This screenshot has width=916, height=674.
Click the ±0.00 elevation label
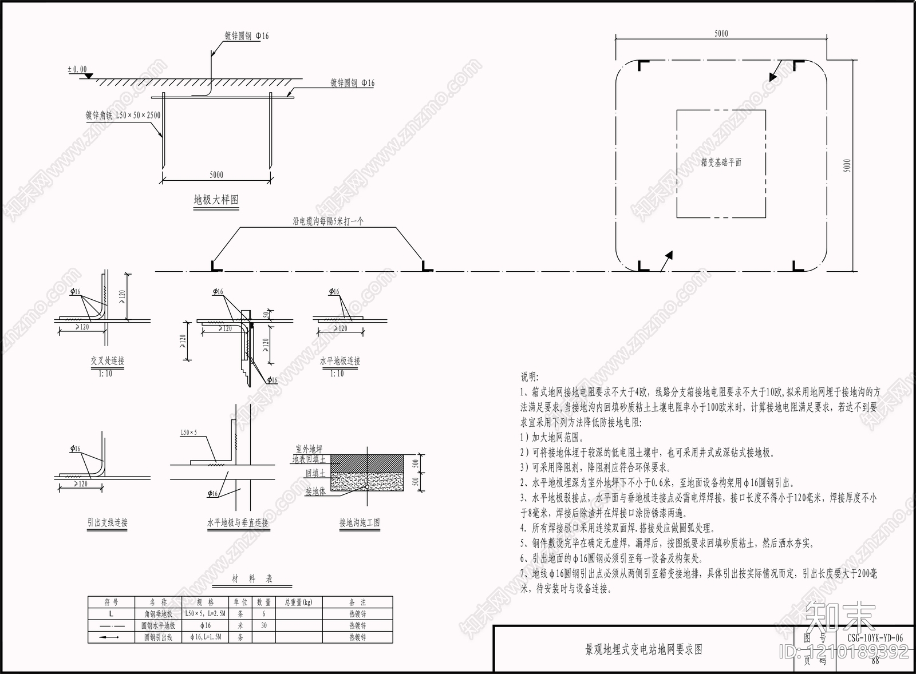[77, 70]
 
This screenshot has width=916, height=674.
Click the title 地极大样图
[216, 200]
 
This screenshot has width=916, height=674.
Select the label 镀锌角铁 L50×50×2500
[123, 115]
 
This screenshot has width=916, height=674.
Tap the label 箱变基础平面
[721, 162]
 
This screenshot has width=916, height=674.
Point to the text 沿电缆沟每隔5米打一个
[328, 221]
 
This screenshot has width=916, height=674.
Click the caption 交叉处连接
[107, 361]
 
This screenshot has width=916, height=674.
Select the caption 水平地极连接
[340, 361]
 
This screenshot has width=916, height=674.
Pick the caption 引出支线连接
[108, 522]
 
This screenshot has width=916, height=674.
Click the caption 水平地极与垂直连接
[238, 522]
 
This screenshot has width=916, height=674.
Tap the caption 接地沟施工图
[359, 522]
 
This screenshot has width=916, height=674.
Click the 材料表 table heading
[252, 579]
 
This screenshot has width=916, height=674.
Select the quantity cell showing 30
[264, 625]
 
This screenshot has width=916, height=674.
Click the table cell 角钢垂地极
[159, 614]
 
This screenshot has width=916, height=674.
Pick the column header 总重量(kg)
[298, 602]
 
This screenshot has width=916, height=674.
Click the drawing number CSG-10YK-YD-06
[874, 638]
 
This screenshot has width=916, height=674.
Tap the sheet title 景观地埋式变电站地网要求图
[643, 649]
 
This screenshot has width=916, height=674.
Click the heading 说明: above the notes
[529, 377]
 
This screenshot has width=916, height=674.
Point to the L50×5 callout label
[188, 432]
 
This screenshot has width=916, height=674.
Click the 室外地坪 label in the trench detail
[309, 449]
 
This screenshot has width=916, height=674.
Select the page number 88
[874, 660]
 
